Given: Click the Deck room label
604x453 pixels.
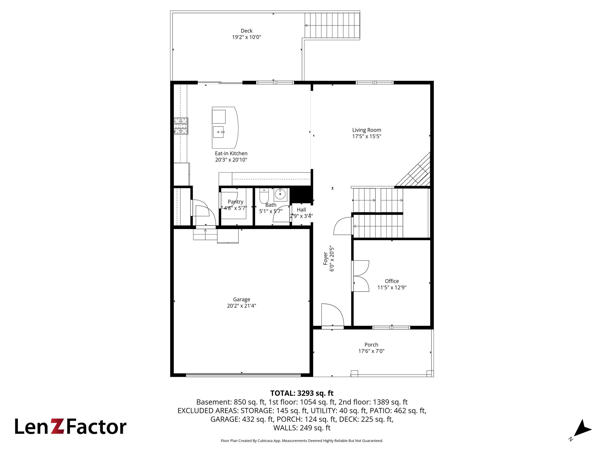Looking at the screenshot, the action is pyautogui.click(x=246, y=31).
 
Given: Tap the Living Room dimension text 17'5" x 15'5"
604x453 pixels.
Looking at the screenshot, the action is pyautogui.click(x=367, y=136).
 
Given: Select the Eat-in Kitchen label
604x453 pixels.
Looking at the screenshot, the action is pyautogui.click(x=231, y=153).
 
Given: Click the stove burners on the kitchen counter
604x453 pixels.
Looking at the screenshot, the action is pyautogui.click(x=181, y=126).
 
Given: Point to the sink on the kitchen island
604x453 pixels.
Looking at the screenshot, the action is pyautogui.click(x=218, y=132).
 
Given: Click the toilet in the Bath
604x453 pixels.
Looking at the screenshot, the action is pyautogui.click(x=264, y=196).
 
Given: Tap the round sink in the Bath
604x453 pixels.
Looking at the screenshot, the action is pyautogui.click(x=280, y=194).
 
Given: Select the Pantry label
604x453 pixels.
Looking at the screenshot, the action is pyautogui.click(x=236, y=202).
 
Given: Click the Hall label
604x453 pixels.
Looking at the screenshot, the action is pyautogui.click(x=301, y=210).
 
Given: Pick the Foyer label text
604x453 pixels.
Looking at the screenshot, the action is pyautogui.click(x=325, y=258).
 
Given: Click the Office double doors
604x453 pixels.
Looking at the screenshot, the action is pyautogui.click(x=360, y=276).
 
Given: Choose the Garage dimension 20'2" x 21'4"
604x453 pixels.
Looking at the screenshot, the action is pyautogui.click(x=242, y=306).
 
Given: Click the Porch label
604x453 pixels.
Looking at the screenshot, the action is pyautogui.click(x=371, y=345).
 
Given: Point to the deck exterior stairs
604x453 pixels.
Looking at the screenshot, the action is pyautogui.click(x=332, y=25).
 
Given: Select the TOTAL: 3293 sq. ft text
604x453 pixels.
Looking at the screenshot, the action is pyautogui.click(x=302, y=393).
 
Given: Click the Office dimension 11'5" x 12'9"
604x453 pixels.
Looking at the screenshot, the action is pyautogui.click(x=392, y=288).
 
